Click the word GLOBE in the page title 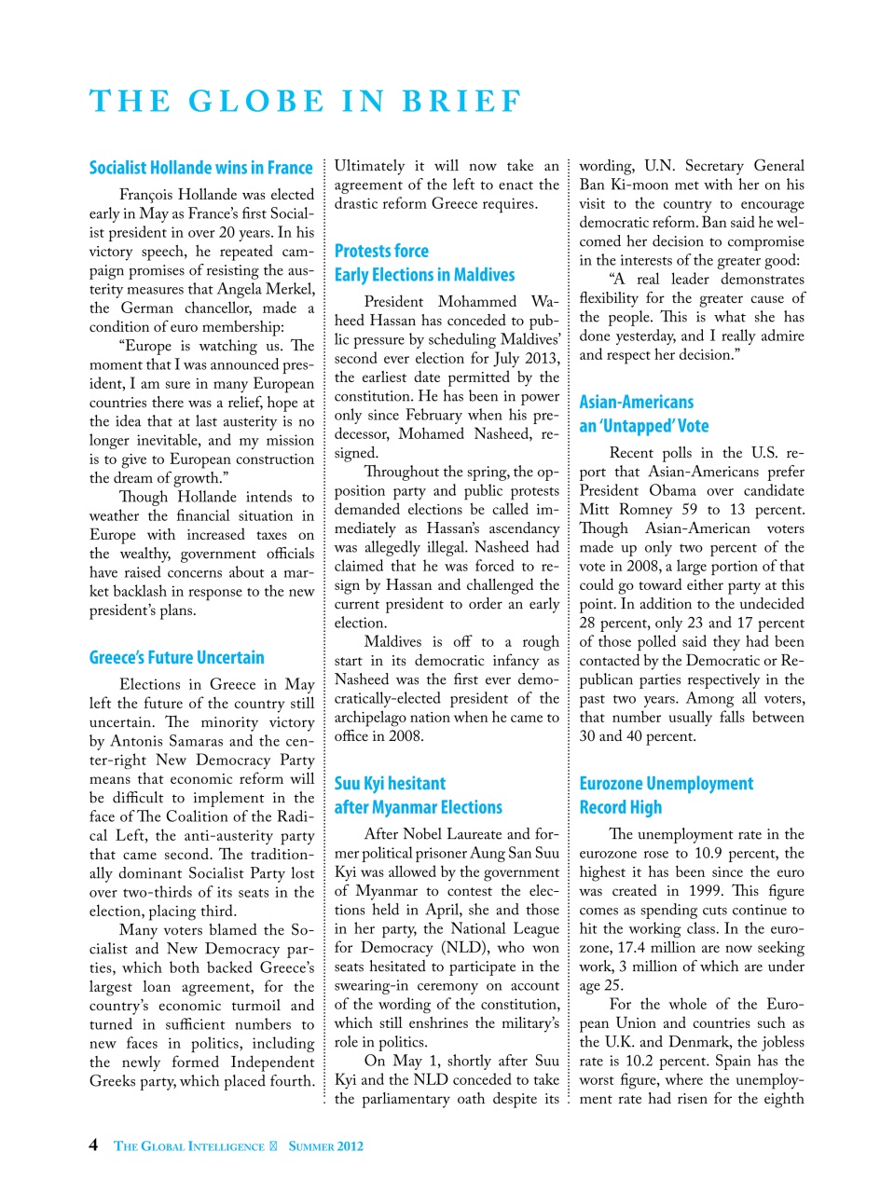coord(256,101)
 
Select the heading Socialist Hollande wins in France coord(200,168)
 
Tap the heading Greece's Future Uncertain coord(176,657)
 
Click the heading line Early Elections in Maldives coord(424,275)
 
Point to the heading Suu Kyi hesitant coord(390,783)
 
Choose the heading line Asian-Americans coord(636,402)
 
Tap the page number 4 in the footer coord(93,1145)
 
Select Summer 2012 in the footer coord(325,1146)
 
